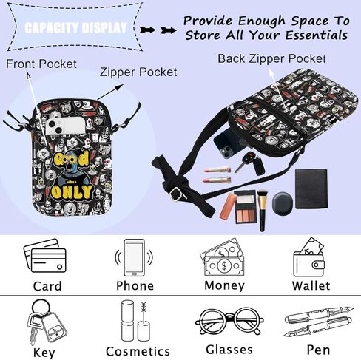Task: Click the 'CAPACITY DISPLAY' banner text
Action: [75, 28]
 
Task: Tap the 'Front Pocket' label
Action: [41, 64]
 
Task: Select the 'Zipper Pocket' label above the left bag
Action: [138, 72]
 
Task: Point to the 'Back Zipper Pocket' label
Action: [271, 58]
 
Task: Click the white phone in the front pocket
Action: [66, 126]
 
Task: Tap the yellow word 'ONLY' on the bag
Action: [71, 192]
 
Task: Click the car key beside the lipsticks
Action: [250, 163]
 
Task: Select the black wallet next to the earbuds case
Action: [311, 189]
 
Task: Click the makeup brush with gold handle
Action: [262, 210]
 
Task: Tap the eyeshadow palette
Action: [245, 207]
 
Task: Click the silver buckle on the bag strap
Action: [177, 194]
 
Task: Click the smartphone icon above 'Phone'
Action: [134, 257]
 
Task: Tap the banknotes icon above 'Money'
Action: [223, 257]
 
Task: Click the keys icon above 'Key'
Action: [46, 322]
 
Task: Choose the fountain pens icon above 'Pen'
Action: [319, 322]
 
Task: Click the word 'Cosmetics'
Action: [138, 351]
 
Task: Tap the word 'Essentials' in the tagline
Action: [317, 35]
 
